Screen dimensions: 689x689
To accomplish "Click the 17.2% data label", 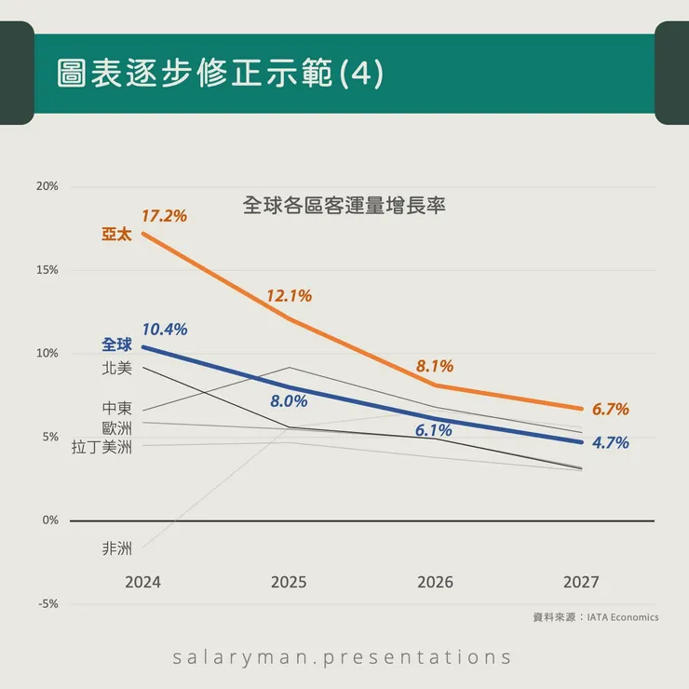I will [164, 216].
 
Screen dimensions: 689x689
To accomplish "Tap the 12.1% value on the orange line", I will [289, 296].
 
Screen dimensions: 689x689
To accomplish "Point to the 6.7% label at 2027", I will [611, 409].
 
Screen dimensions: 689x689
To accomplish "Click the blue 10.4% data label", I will [165, 329].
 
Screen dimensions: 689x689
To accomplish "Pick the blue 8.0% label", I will [289, 401].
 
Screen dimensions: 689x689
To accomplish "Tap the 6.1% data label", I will [433, 430].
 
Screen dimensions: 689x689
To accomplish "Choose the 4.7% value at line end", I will [611, 443].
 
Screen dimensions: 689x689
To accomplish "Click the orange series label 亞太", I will [117, 234].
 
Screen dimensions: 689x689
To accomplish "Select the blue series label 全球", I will [117, 345].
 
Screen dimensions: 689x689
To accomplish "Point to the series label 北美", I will [117, 368].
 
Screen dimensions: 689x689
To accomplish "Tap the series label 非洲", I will [117, 548].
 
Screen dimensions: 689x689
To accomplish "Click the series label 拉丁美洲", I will [102, 448].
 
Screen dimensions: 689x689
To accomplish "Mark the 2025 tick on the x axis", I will [289, 582].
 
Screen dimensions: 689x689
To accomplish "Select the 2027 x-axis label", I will [581, 582].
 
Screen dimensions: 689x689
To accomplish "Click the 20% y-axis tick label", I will [47, 186].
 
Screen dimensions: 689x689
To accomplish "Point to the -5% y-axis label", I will [47, 603].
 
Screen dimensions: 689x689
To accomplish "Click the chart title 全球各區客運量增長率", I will [344, 206].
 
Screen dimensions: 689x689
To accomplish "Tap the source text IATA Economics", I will [623, 616].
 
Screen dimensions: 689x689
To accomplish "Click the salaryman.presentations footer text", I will [343, 657].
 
